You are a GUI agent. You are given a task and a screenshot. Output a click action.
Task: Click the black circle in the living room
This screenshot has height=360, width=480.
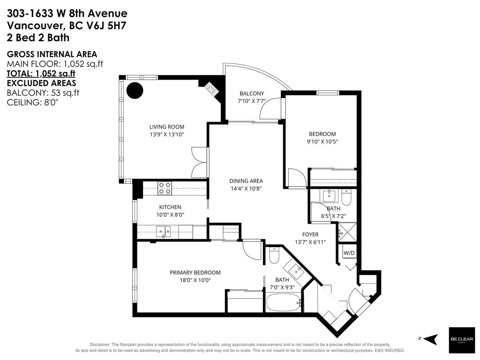pyautogui.click(x=136, y=90)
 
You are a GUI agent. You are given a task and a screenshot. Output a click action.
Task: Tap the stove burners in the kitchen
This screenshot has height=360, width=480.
pyautogui.click(x=164, y=188)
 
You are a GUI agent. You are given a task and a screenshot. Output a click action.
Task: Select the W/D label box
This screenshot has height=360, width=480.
pyautogui.click(x=349, y=254)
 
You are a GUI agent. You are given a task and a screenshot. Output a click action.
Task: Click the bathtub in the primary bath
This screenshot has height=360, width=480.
pyautogui.click(x=284, y=302)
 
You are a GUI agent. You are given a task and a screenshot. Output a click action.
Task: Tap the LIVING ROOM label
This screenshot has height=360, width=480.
pyautogui.click(x=166, y=127)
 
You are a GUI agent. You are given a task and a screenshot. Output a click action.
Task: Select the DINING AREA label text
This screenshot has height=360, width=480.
pyautogui.click(x=246, y=181)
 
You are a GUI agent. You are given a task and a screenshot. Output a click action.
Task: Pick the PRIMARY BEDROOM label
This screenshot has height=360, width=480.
pyautogui.click(x=195, y=272)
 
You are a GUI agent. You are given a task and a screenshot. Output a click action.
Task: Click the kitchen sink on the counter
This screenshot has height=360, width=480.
pyautogui.click(x=164, y=231)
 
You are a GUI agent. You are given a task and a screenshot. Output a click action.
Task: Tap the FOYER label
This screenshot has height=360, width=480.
pyautogui.click(x=310, y=234)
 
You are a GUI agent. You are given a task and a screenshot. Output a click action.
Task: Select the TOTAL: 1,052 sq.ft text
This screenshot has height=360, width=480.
pyautogui.click(x=41, y=73)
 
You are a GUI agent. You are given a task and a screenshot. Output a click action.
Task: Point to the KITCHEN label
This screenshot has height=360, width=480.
pyautogui.click(x=170, y=207)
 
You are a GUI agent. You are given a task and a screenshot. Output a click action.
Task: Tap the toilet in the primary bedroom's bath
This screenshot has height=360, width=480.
pyautogui.click(x=275, y=255)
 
